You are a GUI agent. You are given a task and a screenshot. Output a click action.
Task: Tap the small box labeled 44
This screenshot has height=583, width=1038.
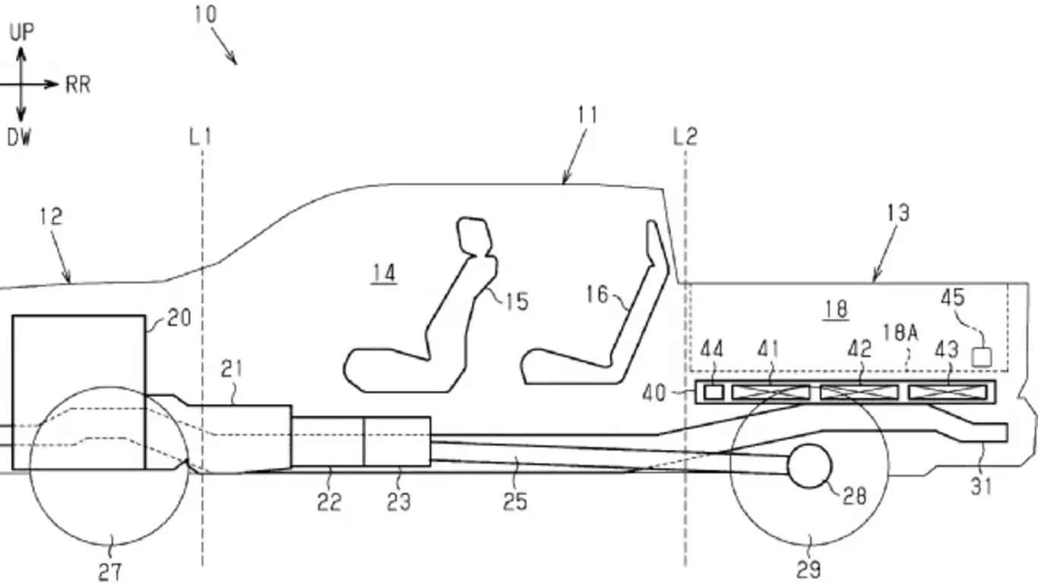click(714, 392)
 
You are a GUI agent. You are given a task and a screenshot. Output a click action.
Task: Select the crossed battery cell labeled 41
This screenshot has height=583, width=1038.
click(771, 392)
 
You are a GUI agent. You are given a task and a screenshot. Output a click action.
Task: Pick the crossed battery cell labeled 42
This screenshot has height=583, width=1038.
click(859, 392)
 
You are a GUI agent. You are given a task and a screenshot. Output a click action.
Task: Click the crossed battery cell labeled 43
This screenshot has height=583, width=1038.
click(947, 392)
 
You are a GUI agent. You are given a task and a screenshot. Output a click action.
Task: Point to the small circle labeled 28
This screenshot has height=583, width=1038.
click(810, 465)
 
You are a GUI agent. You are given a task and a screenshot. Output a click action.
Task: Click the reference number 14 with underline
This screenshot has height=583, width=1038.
click(385, 273)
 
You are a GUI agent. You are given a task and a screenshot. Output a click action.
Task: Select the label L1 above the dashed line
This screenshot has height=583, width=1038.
click(200, 137)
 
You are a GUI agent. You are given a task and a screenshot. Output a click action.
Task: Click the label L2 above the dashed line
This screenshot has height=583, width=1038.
click(685, 137)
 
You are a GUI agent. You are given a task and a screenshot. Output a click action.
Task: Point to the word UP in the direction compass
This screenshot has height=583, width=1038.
click(22, 32)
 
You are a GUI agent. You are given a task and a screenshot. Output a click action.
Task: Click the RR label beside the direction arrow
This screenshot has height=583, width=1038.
click(78, 84)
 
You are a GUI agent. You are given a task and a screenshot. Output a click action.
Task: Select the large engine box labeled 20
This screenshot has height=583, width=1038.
click(79, 392)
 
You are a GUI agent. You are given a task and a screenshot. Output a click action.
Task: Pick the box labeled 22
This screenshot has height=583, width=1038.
click(328, 441)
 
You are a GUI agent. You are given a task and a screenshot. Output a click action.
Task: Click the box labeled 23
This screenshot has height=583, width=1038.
click(397, 441)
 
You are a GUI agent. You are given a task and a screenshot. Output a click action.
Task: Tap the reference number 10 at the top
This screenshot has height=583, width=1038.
click(204, 14)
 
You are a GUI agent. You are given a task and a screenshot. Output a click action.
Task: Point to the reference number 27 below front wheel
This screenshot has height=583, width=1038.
click(111, 571)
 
